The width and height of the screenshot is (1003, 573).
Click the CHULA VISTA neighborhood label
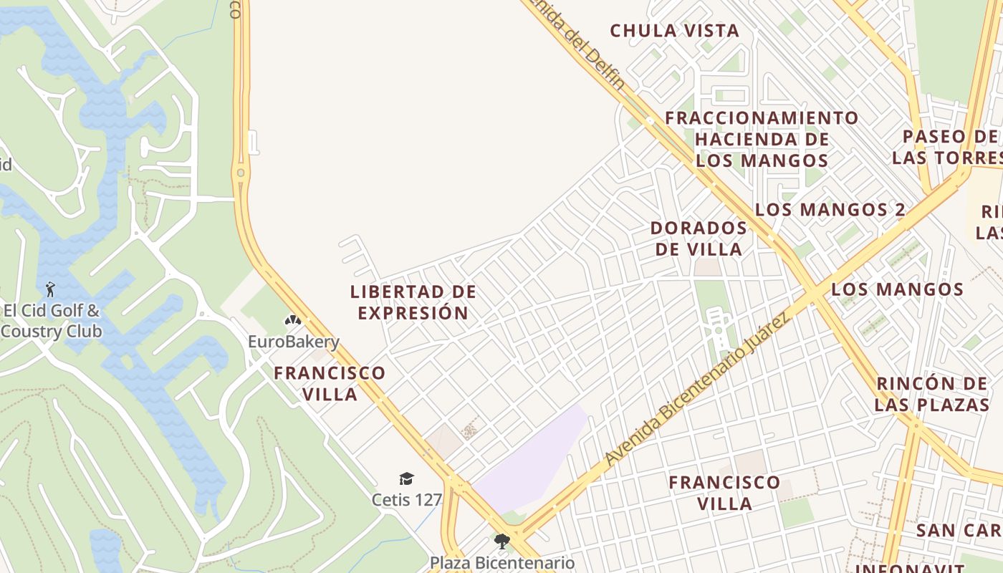coord(674,31)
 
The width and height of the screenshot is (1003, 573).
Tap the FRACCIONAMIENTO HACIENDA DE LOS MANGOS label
coord(762,139)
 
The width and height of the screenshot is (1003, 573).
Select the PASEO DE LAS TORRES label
coord(946,147)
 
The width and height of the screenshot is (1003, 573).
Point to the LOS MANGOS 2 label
coord(830,210)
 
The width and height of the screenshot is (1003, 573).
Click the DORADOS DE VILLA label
coord(699,239)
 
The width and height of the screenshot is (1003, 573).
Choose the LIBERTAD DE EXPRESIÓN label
coord(413,302)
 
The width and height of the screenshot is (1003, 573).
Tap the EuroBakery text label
coord(294,342)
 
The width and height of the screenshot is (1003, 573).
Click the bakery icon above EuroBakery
coord(292,320)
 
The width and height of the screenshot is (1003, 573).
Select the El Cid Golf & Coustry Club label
coord(52,321)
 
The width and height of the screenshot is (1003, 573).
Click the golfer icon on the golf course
coord(50,289)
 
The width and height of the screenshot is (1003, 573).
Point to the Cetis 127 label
coord(407,499)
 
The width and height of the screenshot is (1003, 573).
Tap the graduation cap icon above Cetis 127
coord(406,478)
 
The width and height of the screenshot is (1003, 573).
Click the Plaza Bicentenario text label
coord(502,563)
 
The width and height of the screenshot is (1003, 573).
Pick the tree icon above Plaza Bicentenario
coord(501,541)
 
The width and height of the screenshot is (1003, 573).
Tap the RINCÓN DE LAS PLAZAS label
coord(931,393)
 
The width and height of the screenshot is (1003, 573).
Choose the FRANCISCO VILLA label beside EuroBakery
coord(330,383)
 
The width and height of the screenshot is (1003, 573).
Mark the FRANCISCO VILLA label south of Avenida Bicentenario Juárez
coord(724,493)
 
